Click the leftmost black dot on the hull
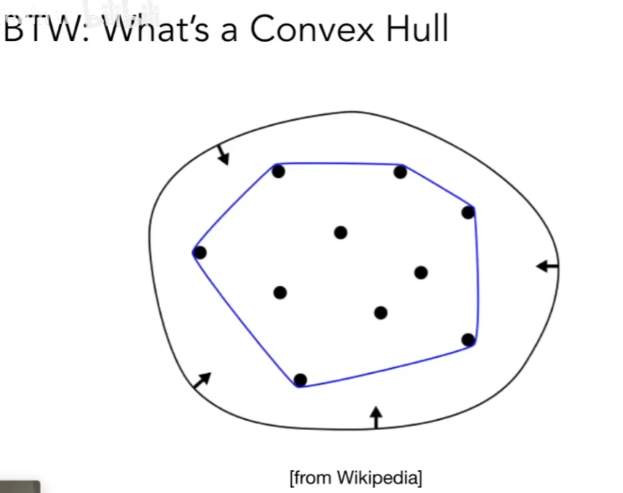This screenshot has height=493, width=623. (x=200, y=252)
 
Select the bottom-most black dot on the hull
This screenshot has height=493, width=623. (x=300, y=380)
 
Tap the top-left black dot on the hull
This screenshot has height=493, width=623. (x=278, y=172)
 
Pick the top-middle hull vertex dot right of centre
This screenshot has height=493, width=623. (x=400, y=173)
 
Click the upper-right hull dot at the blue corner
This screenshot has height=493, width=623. (x=468, y=213)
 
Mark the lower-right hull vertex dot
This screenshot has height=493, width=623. (x=469, y=339)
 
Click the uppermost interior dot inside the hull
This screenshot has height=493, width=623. (x=340, y=233)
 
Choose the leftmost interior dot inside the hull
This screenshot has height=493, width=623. (x=280, y=293)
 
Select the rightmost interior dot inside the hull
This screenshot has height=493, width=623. (x=420, y=273)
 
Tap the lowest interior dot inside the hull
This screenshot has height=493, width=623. (x=380, y=313)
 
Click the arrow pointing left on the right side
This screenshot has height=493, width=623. (x=547, y=266)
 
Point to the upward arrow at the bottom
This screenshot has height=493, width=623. (x=376, y=416)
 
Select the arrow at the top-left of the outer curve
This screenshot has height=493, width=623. (x=222, y=154)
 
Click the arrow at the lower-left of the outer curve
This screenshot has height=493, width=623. (x=201, y=380)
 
